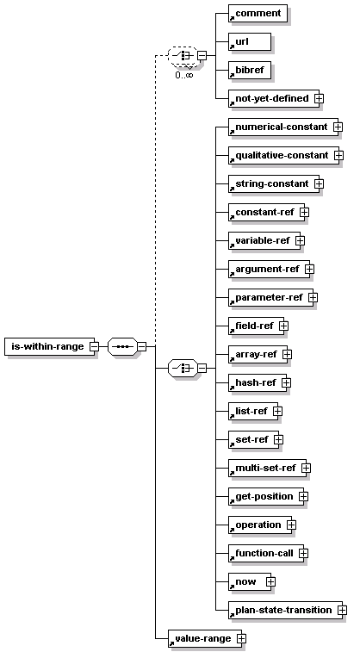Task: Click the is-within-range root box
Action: pyautogui.click(x=49, y=346)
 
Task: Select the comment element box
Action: pyautogui.click(x=258, y=13)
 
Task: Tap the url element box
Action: pyautogui.click(x=250, y=41)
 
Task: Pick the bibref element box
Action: pyautogui.click(x=250, y=71)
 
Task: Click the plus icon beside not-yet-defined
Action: pyautogui.click(x=320, y=98)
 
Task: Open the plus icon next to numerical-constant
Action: pyautogui.click(x=338, y=127)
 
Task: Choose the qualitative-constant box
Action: pyautogui.click(x=283, y=156)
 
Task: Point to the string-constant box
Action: pyautogui.click(x=274, y=183)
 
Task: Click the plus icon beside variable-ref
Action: pyautogui.click(x=300, y=241)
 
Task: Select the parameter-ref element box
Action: pyautogui.click(x=270, y=298)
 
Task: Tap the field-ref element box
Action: pyautogui.click(x=256, y=326)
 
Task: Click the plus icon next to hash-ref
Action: pyautogui.click(x=286, y=383)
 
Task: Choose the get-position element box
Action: pyautogui.click(x=266, y=496)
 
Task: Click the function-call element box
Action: pyautogui.click(x=266, y=554)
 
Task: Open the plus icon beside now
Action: pyautogui.click(x=270, y=581)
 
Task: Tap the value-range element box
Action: pyautogui.click(x=204, y=639)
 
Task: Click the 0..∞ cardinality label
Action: pyautogui.click(x=183, y=75)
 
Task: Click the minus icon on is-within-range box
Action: pyautogui.click(x=95, y=346)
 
